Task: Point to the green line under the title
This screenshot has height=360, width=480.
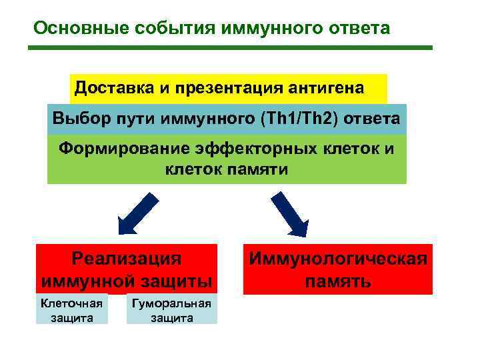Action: point(231,48)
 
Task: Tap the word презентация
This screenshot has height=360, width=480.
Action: point(223,87)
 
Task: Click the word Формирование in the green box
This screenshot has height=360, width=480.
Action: point(123,149)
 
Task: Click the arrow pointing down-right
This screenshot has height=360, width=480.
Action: point(289,213)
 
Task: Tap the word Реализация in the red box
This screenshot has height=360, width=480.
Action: point(126,259)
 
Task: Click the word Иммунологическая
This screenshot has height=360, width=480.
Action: point(337,259)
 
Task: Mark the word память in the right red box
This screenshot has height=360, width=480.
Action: point(338,281)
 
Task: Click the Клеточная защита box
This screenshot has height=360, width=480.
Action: point(71,310)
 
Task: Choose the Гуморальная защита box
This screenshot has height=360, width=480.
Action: point(172,311)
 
